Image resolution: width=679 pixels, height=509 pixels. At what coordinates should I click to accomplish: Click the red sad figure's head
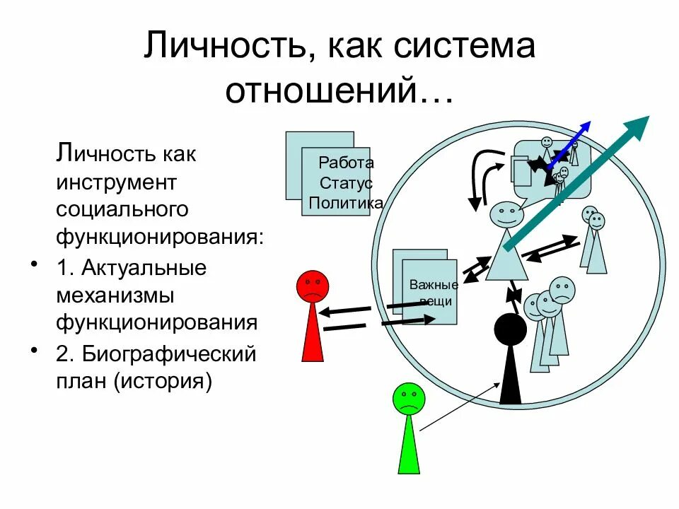pyautogui.click(x=312, y=286)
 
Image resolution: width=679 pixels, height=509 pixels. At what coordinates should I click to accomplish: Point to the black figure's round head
pyautogui.click(x=510, y=331)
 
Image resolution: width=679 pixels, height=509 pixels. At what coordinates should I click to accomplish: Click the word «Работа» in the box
pyautogui.click(x=346, y=163)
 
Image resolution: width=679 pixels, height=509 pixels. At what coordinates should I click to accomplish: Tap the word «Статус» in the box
pyautogui.click(x=346, y=184)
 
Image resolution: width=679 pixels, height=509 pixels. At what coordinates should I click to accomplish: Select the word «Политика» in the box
pyautogui.click(x=346, y=204)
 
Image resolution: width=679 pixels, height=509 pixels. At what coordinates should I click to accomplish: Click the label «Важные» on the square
pyautogui.click(x=434, y=286)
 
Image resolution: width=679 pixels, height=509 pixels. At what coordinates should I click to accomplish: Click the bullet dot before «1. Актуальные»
pyautogui.click(x=33, y=265)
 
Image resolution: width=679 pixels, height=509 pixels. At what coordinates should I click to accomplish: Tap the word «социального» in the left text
pyautogui.click(x=122, y=209)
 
